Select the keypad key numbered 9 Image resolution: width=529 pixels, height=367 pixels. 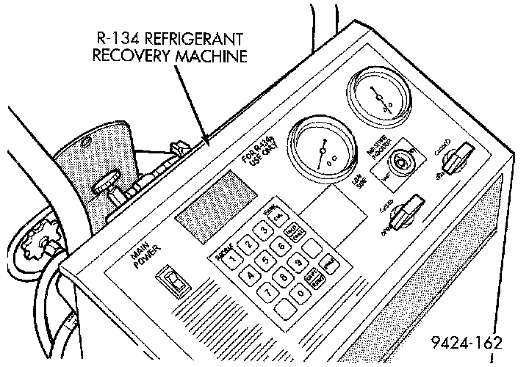tap(298, 263)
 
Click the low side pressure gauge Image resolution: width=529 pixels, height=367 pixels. tap(317, 150)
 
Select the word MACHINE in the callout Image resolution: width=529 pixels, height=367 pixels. tap(209, 56)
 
